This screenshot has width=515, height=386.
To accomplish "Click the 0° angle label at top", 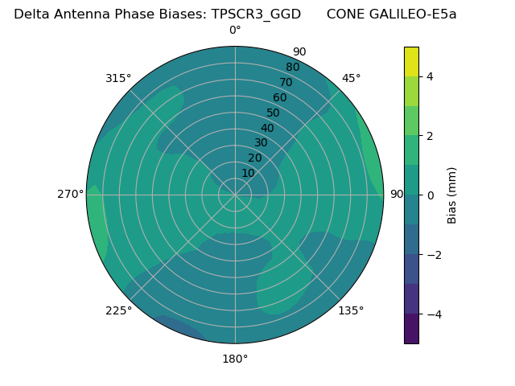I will pyautogui.click(x=235, y=31).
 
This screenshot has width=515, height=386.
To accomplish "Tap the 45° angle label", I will pyautogui.click(x=351, y=78).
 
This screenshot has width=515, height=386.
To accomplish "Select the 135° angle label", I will pyautogui.click(x=351, y=310).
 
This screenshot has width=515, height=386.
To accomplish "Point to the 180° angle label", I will pyautogui.click(x=235, y=359).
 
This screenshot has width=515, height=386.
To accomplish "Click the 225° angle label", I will pyautogui.click(x=118, y=311).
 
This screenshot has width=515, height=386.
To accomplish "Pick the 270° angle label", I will pyautogui.click(x=70, y=194).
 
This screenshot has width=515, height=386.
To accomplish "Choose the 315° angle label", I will pyautogui.click(x=118, y=78).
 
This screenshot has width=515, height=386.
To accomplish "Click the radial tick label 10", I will pyautogui.click(x=248, y=173).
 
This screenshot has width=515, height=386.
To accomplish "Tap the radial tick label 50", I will pyautogui.click(x=274, y=113).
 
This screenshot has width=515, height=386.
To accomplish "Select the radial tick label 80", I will pyautogui.click(x=293, y=67).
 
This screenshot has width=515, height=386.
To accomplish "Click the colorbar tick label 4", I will pyautogui.click(x=430, y=76).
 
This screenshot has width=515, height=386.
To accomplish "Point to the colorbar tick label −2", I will pyautogui.click(x=432, y=255).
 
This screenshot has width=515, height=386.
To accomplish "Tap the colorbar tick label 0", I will pyautogui.click(x=430, y=195).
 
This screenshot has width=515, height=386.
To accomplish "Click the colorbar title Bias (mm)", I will pyautogui.click(x=452, y=195).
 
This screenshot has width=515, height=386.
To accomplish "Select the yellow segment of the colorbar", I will pyautogui.click(x=411, y=61).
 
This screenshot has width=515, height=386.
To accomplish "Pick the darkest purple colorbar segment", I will pyautogui.click(x=411, y=329).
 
